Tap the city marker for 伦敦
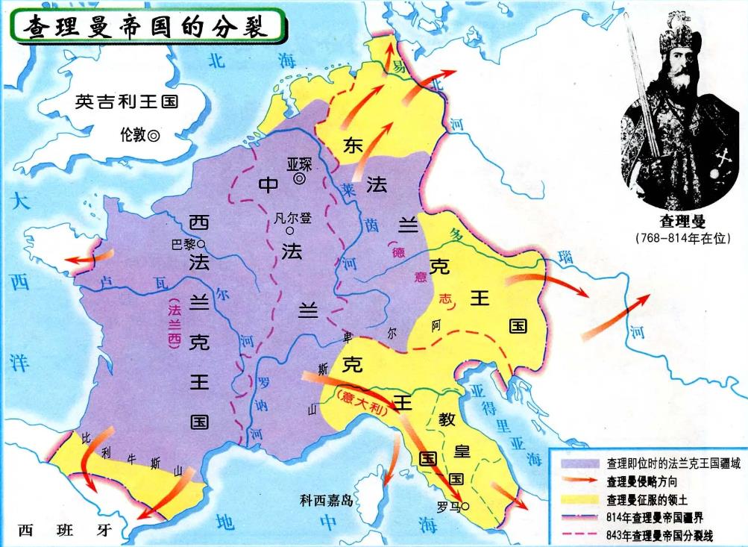click(154, 136)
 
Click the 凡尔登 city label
click(292, 219)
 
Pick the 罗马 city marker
click(466, 506)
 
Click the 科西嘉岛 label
click(325, 501)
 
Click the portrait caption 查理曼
click(682, 222)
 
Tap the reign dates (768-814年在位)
click(682, 238)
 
